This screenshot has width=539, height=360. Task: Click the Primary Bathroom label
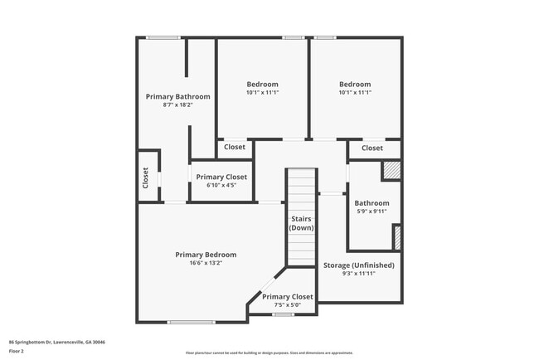click(177, 96)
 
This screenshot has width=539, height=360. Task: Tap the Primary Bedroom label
click(205, 255)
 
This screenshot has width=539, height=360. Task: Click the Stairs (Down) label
click(301, 222)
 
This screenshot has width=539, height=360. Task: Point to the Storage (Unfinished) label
click(357, 265)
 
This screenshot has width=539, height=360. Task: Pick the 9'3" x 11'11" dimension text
click(357, 274)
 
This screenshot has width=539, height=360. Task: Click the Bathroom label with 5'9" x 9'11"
click(371, 203)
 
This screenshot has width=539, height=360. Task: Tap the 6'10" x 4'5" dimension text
click(221, 185)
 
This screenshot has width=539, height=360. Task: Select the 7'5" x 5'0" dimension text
click(287, 304)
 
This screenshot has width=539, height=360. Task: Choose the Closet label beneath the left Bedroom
click(235, 147)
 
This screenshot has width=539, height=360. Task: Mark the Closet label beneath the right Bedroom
click(372, 148)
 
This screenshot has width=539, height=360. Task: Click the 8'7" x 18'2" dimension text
click(177, 105)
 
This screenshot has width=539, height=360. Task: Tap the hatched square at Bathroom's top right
click(391, 170)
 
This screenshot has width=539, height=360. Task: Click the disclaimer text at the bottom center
click(269, 353)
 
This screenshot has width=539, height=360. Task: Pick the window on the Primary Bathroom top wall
click(163, 37)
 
